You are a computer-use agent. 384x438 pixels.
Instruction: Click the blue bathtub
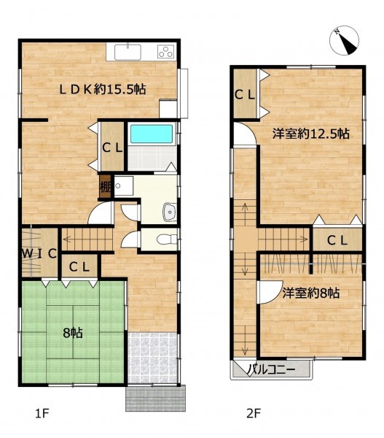click(152, 134)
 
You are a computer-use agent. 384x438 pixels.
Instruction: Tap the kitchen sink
click(128, 52)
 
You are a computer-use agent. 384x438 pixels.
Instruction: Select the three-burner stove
click(165, 51)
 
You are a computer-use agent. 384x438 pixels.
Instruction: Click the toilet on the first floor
click(167, 239)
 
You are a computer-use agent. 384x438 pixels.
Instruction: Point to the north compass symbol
click(344, 40)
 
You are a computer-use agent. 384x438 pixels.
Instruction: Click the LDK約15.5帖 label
click(103, 89)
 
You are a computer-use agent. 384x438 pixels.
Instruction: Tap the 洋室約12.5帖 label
click(310, 134)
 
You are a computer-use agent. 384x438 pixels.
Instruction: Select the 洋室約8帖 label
click(311, 293)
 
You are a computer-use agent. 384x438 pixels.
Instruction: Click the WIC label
click(39, 253)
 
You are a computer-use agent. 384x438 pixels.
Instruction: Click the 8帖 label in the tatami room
click(73, 333)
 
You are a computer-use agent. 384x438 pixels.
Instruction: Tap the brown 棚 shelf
click(106, 187)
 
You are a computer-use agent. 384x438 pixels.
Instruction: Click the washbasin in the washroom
click(170, 212)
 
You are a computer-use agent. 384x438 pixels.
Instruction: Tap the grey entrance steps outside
click(156, 399)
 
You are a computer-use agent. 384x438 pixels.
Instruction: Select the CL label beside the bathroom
click(112, 147)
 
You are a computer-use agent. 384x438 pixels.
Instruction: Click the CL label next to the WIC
click(79, 267)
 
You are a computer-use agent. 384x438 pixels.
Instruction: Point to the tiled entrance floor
click(152, 358)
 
